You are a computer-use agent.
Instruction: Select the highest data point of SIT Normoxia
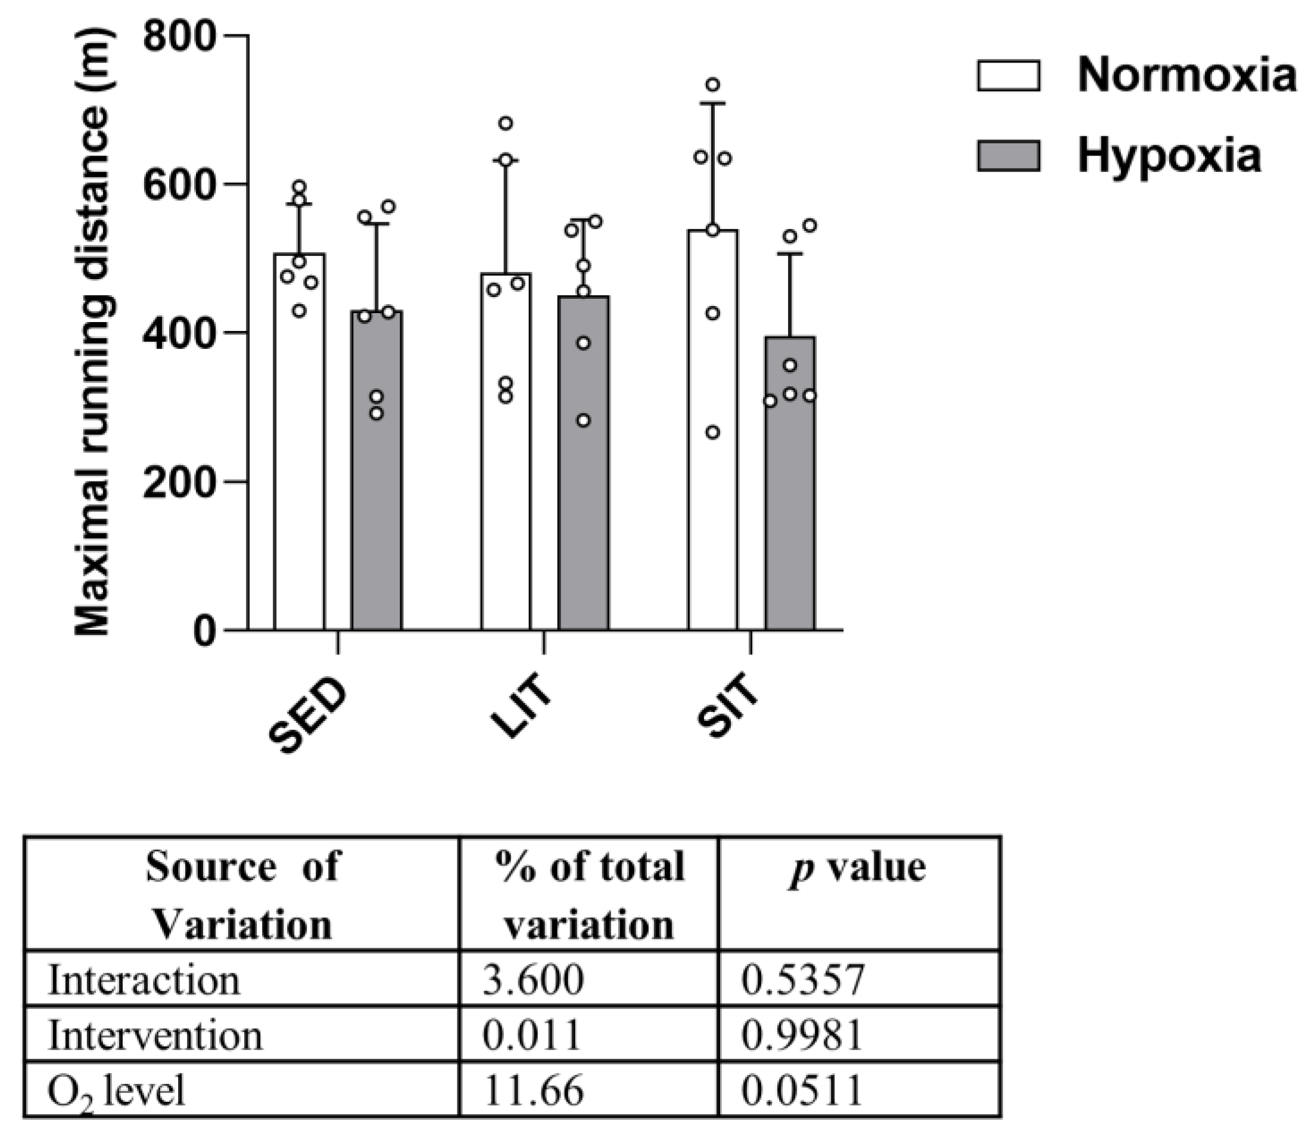(x=713, y=85)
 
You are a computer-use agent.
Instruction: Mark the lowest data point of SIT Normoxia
(x=713, y=433)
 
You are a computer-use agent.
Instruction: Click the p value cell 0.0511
(x=802, y=1091)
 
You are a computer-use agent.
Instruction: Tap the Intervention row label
(x=155, y=1036)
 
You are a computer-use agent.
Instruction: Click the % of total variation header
(x=590, y=895)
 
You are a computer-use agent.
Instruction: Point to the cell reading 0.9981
(x=802, y=1036)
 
